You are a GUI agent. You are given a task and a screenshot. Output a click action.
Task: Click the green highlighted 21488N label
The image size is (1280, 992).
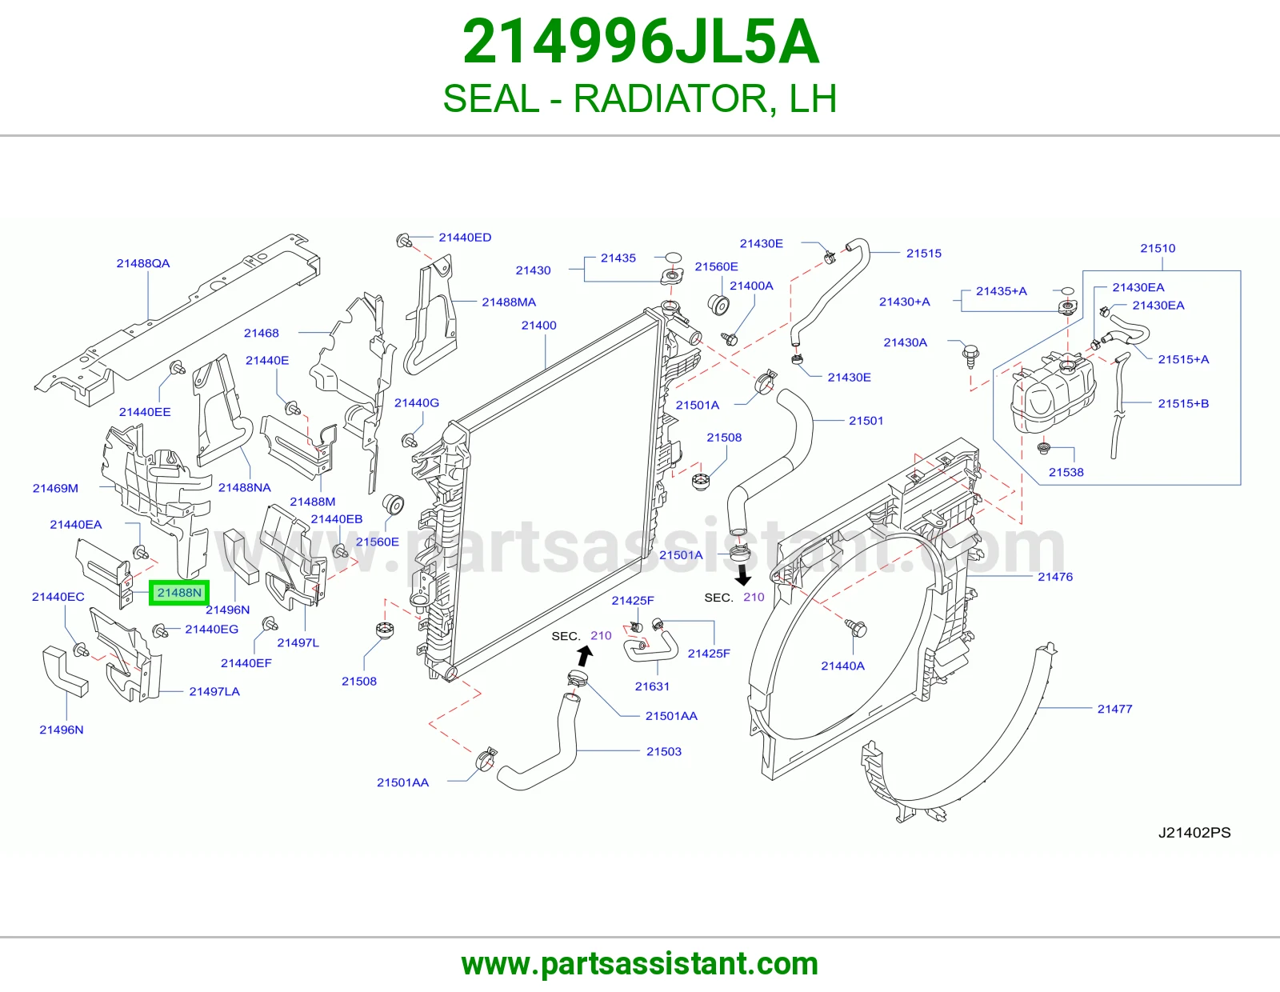point(179,593)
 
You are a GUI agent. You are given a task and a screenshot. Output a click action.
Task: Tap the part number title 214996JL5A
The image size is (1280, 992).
point(640,42)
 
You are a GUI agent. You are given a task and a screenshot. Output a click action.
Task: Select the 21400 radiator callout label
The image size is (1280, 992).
point(538,325)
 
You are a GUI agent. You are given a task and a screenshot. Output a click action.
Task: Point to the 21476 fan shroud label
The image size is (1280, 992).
point(1055,577)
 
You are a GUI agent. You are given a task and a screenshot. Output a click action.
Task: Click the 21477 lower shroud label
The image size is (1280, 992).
point(1114,709)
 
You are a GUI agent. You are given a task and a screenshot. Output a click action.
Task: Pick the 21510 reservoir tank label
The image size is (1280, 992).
point(1158,248)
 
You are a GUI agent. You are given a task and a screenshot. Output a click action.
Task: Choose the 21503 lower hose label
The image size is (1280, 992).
point(664,751)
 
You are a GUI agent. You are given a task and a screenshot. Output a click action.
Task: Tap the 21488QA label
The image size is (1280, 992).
point(143,263)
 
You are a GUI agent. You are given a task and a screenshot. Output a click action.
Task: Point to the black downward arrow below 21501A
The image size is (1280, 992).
point(743,575)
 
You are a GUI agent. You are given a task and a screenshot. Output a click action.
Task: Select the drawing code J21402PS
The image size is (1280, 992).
point(1194,832)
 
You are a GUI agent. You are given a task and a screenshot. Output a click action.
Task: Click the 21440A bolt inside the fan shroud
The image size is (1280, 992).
point(856,628)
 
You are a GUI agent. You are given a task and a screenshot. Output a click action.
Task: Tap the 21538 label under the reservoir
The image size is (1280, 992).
point(1066,472)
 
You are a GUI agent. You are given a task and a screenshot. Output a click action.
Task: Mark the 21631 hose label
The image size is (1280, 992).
point(652,686)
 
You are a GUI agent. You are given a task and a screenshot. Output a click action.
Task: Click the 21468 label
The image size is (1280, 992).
point(261,333)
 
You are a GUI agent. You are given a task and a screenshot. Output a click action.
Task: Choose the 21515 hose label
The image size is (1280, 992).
point(924,254)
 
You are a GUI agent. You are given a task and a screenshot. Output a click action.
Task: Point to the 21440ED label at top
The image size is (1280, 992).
point(465,238)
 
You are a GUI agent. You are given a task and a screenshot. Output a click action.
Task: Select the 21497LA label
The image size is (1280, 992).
point(214,691)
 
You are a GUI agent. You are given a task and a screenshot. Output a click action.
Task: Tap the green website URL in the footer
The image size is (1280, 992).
point(640,964)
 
